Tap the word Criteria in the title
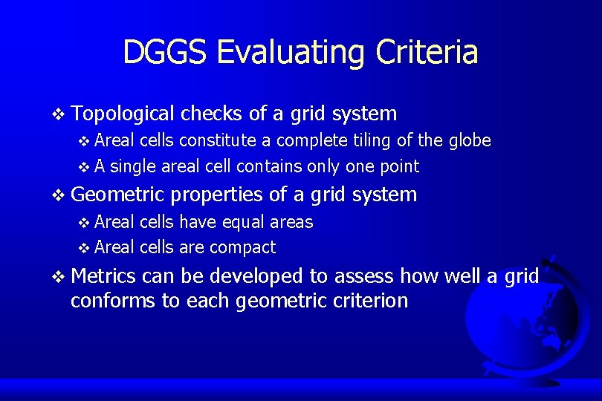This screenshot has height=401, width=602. [x=427, y=52]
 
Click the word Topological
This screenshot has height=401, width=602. [x=123, y=114]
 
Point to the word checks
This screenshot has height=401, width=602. [x=210, y=114]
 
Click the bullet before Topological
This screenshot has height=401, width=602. [x=59, y=114]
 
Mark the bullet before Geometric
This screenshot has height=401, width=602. [x=59, y=195]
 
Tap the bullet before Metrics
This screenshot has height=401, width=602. [x=59, y=277]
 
